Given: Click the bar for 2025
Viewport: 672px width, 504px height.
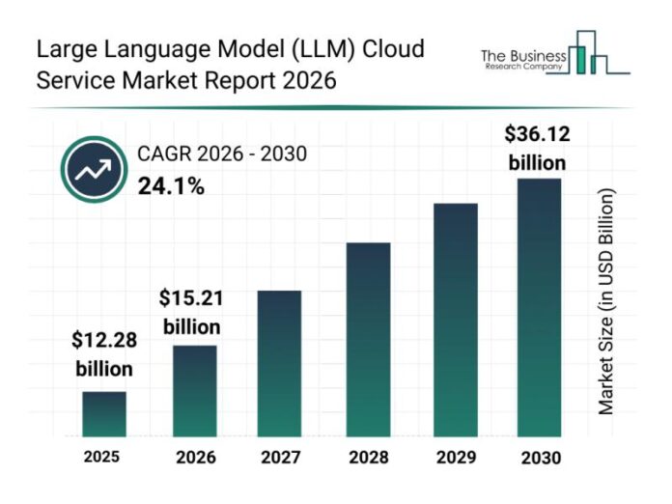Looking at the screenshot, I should (104, 414).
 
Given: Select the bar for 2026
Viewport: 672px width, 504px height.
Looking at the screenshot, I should (194, 391).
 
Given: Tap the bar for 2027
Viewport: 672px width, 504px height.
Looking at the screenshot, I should (279, 363).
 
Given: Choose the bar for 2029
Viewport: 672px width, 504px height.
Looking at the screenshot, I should (455, 320).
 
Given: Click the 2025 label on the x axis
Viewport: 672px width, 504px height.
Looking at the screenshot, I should (101, 457).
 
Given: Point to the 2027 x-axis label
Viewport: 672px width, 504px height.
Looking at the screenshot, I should (279, 458).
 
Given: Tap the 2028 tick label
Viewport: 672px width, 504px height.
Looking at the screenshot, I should (368, 458).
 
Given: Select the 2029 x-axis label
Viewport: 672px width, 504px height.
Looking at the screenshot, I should (455, 458).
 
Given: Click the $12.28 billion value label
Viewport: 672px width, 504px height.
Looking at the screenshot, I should (104, 354).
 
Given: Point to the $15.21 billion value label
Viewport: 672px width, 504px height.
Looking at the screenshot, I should (191, 312).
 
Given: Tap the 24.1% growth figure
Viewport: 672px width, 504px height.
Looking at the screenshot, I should (171, 187).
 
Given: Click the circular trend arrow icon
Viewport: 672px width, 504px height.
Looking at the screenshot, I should (94, 170).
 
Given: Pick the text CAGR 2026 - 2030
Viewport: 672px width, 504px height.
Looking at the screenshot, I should (229, 154).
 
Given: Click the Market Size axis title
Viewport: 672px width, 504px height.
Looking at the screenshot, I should (605, 302).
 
